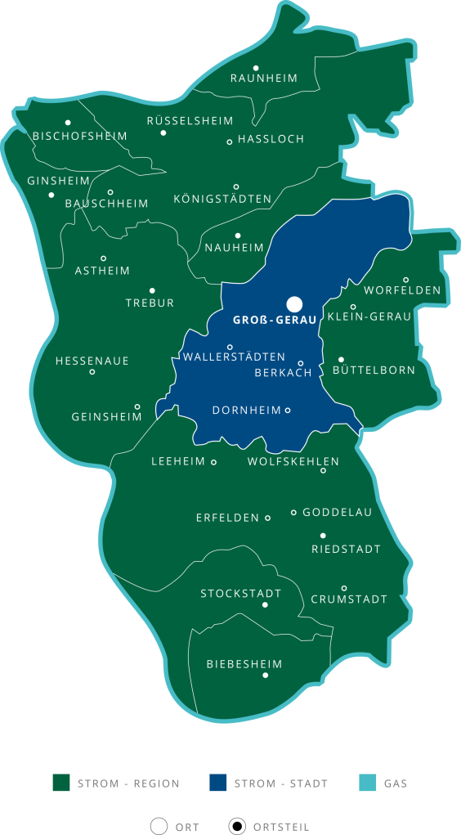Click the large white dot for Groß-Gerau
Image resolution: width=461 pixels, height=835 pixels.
click(294, 304)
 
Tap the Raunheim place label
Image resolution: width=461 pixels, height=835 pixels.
click(264, 79)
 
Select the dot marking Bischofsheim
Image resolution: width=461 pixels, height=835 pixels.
click(68, 123)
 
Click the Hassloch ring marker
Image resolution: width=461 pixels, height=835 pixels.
click(230, 142)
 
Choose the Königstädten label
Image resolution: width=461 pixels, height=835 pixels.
click(222, 200)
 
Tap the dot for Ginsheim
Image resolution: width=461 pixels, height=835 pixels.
click(51, 195)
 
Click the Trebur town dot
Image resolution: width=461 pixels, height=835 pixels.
click(152, 290)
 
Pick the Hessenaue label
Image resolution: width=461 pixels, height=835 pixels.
click(92, 361)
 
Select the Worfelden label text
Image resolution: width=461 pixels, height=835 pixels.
click(402, 290)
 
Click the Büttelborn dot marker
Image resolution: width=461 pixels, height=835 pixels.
click(341, 359)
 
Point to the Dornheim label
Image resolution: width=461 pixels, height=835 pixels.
click(246, 411)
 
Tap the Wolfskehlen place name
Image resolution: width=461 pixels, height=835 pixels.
click(293, 462)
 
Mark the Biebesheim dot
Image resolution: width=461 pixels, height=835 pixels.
click(265, 676)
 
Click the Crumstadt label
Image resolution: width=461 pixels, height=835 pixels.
click(349, 599)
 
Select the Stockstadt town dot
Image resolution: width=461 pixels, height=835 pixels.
click(265, 605)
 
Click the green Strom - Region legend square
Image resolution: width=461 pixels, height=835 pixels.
click(60, 783)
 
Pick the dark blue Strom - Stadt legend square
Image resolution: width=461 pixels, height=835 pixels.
click(217, 783)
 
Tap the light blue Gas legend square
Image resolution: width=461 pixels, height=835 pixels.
click(368, 783)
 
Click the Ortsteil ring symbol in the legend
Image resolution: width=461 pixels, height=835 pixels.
click(238, 826)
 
